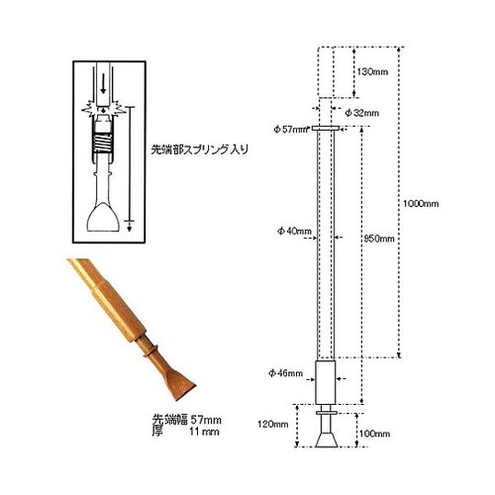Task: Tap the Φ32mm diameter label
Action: [x=362, y=114]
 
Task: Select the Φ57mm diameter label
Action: [x=289, y=129]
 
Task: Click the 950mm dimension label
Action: [x=379, y=239]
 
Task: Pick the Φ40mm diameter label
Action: [x=294, y=232]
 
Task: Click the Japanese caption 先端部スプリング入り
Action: [x=199, y=150]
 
